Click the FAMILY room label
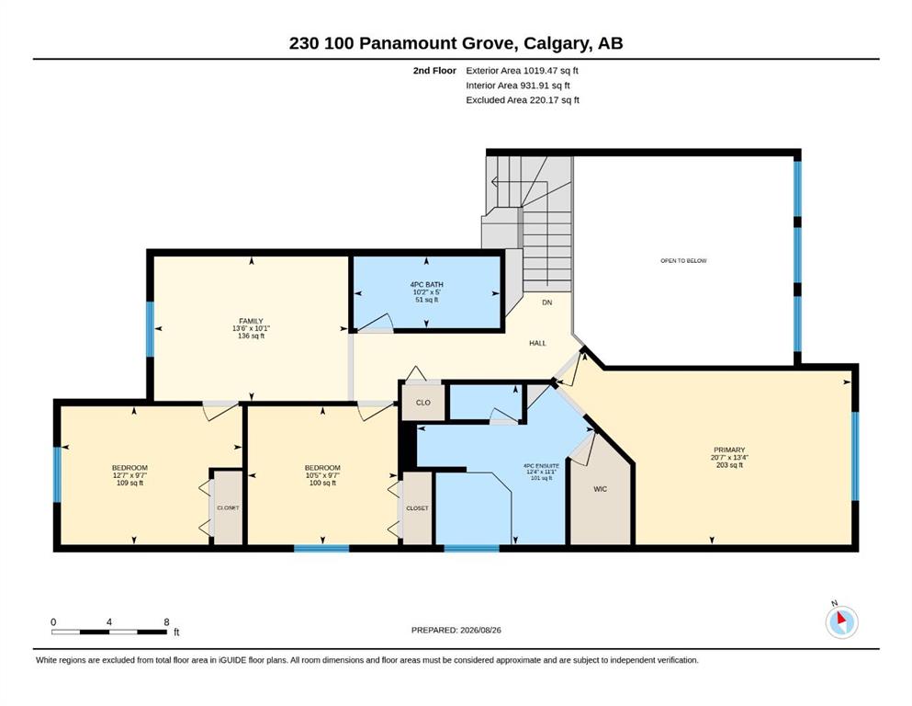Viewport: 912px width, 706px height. [251, 321]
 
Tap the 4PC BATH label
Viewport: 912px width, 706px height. [426, 285]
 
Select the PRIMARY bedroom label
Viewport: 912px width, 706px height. [729, 450]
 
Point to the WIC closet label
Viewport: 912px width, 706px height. [601, 489]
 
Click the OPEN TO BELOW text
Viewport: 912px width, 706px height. [683, 261]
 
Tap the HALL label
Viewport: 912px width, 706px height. [537, 344]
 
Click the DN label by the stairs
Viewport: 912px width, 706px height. [546, 302]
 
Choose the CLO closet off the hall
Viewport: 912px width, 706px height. [422, 403]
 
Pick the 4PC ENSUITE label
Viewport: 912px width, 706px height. [541, 466]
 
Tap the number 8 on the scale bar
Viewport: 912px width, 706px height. [166, 622]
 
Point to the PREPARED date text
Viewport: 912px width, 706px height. [456, 630]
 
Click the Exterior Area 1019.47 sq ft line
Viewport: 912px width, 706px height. [522, 71]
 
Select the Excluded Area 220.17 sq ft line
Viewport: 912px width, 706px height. [523, 99]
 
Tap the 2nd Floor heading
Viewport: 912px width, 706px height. [434, 71]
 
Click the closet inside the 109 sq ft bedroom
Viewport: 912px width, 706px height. [228, 507]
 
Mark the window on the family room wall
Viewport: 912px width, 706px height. [150, 329]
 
